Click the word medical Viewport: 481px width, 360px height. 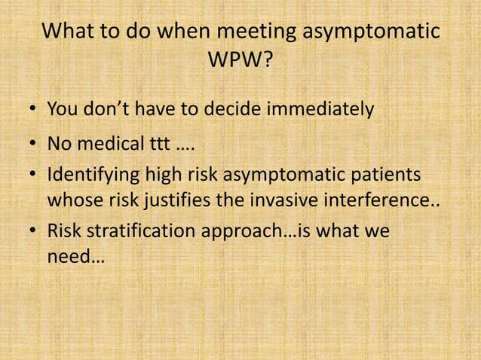(x=110, y=143)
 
